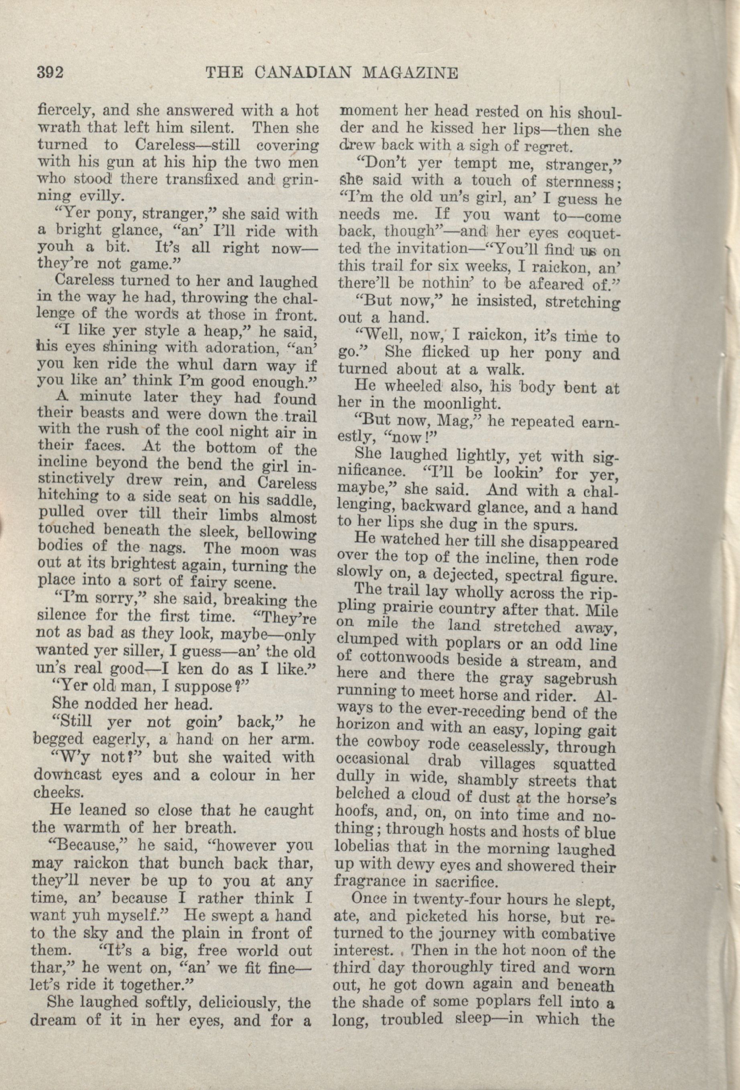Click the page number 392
(50, 73)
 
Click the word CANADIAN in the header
(304, 73)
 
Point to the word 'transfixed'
(199, 179)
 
